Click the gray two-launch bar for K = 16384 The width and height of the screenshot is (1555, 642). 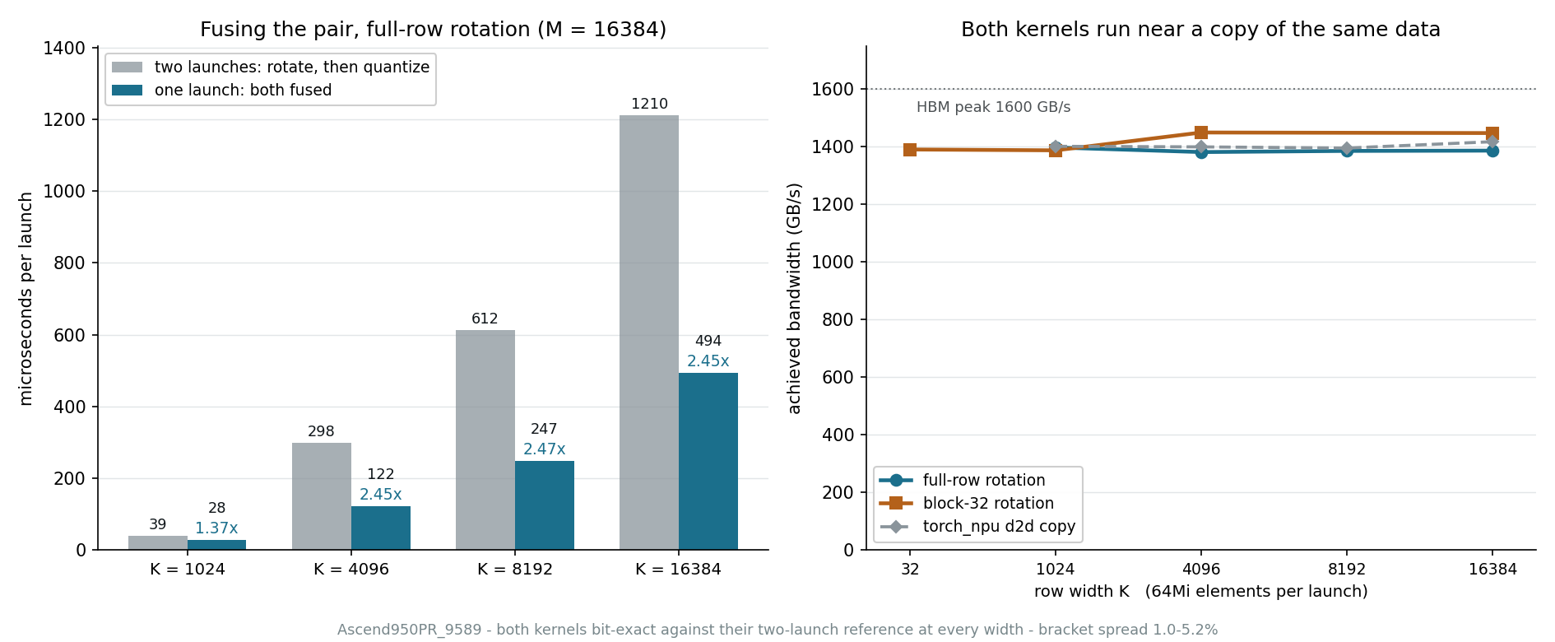point(649,333)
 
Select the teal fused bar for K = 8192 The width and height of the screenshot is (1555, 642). point(545,505)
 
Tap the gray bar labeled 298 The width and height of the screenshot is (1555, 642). point(322,496)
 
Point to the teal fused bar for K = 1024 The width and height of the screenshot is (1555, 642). point(216,545)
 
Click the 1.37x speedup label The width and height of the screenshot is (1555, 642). point(216,528)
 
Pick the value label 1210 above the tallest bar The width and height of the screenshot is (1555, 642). point(649,104)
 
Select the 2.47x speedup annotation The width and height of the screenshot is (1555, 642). point(545,449)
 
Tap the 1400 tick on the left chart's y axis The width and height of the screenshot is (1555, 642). point(64,49)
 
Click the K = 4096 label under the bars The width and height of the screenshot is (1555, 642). point(351,570)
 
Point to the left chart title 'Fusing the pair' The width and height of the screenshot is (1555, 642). point(434,30)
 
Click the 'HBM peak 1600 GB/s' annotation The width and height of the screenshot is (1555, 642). point(994,107)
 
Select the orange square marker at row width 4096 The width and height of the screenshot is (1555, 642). point(1201,133)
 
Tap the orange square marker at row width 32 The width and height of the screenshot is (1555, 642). point(910,150)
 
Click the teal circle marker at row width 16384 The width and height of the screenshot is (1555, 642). point(1492,151)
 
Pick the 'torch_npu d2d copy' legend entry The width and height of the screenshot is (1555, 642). point(999,527)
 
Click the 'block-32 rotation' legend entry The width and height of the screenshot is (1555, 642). point(988,504)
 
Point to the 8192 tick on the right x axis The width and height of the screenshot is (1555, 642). point(1347,570)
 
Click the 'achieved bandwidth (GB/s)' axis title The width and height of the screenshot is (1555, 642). point(794,298)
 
